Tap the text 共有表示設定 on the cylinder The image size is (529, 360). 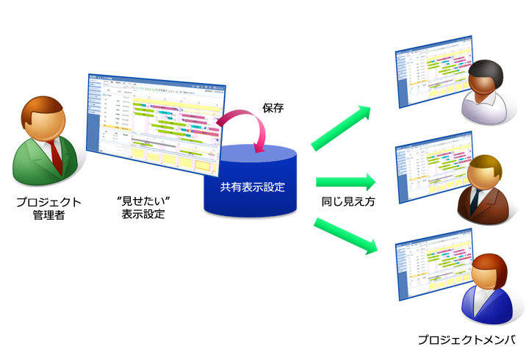tap(251, 187)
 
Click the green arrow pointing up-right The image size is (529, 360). tap(342, 128)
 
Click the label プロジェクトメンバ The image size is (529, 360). tap(467, 340)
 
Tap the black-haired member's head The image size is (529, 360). tap(484, 75)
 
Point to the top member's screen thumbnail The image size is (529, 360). tap(426, 77)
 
